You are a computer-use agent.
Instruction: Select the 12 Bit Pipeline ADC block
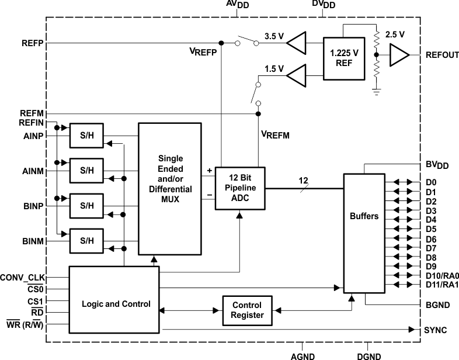tap(239, 188)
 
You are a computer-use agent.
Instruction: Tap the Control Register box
tap(248, 310)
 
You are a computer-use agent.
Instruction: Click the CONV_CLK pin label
tap(23, 277)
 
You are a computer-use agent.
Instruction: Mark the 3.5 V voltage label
tap(273, 36)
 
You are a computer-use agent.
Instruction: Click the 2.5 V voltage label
tap(395, 34)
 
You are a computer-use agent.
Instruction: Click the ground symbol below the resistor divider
tap(377, 91)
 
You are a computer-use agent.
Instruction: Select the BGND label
tap(436, 304)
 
